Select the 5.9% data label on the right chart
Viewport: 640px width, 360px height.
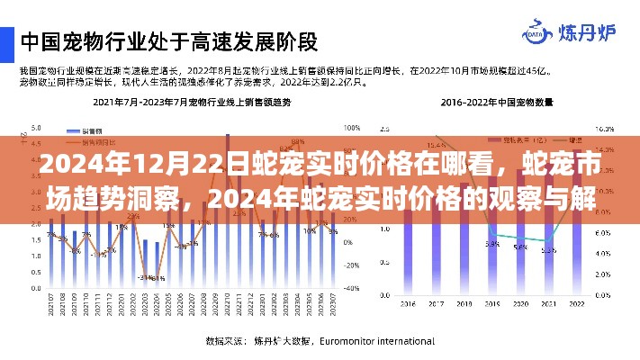click(x=493, y=243)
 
